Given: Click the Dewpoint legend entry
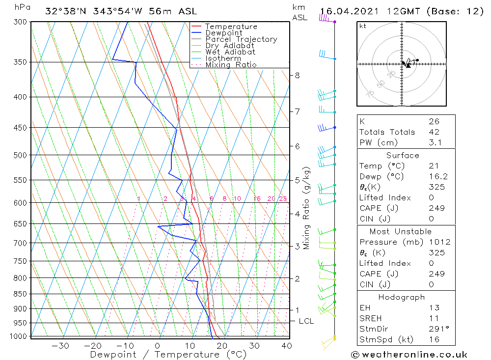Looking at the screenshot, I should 223,33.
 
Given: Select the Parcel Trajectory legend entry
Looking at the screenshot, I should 241,39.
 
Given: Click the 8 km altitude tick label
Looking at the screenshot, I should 297,75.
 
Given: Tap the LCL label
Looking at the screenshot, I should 306,321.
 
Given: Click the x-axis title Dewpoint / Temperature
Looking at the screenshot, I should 168,354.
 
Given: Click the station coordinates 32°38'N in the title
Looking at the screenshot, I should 64,11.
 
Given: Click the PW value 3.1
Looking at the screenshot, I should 435,142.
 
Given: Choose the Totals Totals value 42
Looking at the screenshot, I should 434,132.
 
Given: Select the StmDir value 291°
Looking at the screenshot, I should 436,329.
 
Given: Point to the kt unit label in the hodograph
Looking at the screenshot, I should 363,26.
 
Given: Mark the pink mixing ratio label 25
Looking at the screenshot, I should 283,198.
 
